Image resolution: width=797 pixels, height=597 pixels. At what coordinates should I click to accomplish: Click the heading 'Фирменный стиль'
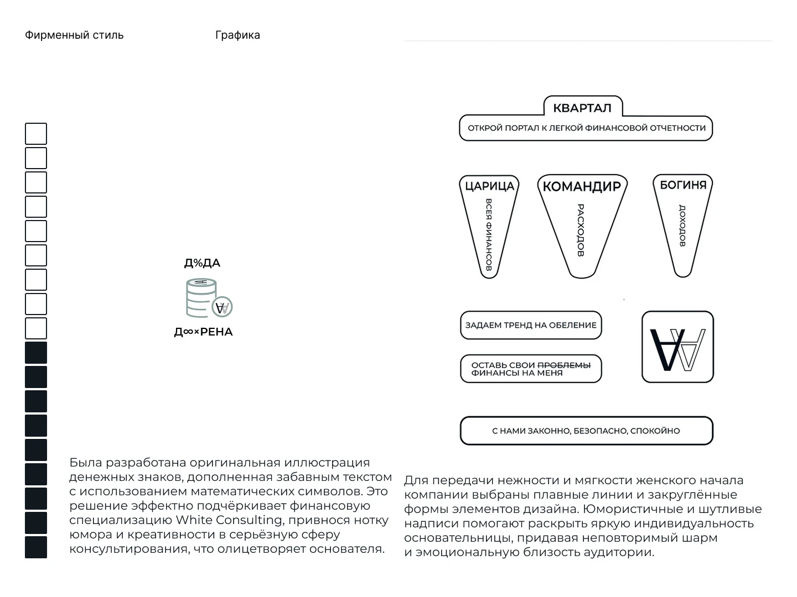[x=74, y=35]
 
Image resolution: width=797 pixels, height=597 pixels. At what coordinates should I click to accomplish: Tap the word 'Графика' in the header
[x=237, y=35]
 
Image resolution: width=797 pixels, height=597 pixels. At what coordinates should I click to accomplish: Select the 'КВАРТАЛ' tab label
[x=582, y=108]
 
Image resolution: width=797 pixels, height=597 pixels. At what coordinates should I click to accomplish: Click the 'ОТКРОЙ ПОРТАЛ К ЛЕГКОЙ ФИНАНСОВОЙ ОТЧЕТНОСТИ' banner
[x=586, y=128]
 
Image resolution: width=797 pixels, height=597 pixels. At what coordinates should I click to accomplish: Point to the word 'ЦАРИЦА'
[x=490, y=186]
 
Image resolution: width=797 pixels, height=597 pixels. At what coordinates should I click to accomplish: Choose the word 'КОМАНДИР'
[x=582, y=187]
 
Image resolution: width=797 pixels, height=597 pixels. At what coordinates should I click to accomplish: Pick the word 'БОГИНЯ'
[x=683, y=185]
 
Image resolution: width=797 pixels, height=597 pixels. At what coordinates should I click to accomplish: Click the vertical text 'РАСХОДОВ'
[x=581, y=230]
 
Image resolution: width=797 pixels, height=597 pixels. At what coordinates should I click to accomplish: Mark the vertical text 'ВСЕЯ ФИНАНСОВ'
[x=489, y=234]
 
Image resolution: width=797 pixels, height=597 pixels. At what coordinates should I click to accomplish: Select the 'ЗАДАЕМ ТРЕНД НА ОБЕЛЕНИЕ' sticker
[x=531, y=325]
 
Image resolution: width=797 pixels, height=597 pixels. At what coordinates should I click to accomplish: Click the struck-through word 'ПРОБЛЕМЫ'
[x=564, y=365]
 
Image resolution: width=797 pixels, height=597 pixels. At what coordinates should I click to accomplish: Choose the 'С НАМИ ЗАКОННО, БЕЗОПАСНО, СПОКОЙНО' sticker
[x=586, y=431]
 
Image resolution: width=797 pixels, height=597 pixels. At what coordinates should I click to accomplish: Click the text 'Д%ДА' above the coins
[x=202, y=263]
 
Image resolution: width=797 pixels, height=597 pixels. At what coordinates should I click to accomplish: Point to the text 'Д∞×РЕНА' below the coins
[x=203, y=332]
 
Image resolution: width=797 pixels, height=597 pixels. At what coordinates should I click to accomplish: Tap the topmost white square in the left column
[x=36, y=134]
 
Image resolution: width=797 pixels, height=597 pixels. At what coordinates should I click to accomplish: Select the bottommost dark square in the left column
[x=36, y=547]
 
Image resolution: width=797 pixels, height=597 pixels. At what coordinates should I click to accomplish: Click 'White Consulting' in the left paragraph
[x=229, y=520]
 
